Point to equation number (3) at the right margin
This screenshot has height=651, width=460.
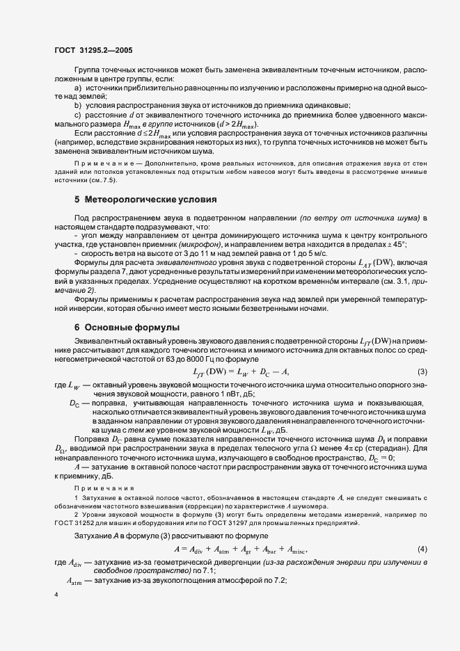coord(422,372)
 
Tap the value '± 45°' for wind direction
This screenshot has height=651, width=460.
coord(395,246)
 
